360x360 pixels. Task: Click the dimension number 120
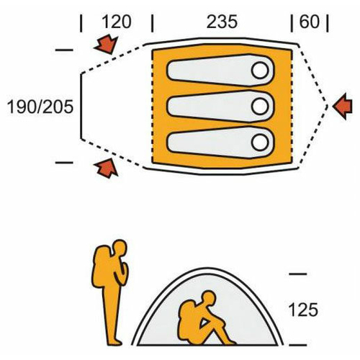click(117, 22)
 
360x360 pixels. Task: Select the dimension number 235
click(222, 22)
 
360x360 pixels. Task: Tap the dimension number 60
click(310, 22)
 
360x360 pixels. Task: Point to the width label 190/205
click(40, 107)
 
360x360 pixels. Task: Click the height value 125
click(303, 310)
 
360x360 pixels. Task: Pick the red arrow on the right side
click(343, 107)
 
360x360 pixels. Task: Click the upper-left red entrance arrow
click(107, 45)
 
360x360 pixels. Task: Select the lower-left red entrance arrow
click(107, 168)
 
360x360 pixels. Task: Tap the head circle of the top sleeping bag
click(260, 71)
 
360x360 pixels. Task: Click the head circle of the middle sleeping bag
click(260, 106)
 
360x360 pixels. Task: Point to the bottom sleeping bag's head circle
click(260, 142)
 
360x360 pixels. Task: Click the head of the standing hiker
click(120, 247)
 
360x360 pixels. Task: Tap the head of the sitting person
click(208, 298)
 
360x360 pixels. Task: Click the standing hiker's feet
click(114, 342)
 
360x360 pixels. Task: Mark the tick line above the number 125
click(298, 274)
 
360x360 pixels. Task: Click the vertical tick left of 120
click(81, 23)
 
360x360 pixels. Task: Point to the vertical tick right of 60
click(328, 23)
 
